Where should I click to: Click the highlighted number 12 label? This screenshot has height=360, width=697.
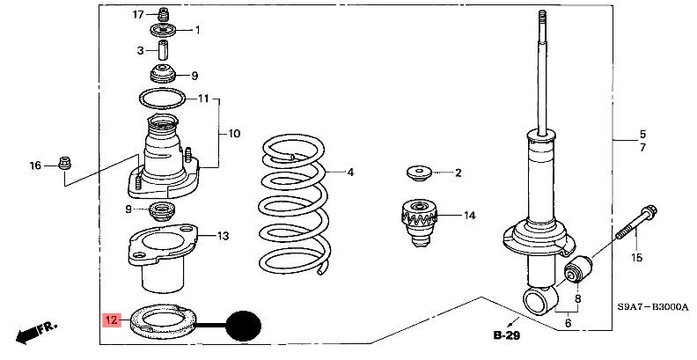click(x=111, y=320)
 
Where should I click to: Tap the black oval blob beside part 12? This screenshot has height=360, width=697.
click(x=243, y=326)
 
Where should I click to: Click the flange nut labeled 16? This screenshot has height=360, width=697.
click(x=65, y=164)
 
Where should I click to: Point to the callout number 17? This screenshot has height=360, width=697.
click(x=138, y=15)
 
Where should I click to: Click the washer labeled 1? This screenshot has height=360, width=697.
click(x=163, y=32)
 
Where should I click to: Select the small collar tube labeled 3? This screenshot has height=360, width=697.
click(x=164, y=50)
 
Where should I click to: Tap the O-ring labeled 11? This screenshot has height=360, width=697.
click(x=162, y=99)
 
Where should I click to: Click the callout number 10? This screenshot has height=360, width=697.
click(x=234, y=133)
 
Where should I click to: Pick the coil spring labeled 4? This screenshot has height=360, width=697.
click(x=293, y=205)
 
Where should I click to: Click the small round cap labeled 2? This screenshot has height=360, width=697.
click(x=419, y=173)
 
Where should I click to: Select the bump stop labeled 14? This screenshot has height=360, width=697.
click(x=419, y=222)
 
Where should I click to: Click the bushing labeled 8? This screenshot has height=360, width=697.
click(x=578, y=268)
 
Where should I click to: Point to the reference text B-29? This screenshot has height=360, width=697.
click(x=507, y=335)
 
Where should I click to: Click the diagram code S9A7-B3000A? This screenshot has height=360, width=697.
click(x=652, y=306)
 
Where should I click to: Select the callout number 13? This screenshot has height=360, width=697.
click(x=223, y=236)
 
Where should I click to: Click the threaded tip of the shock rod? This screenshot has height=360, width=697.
click(x=542, y=17)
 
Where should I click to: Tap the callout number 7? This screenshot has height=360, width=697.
click(x=642, y=148)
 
